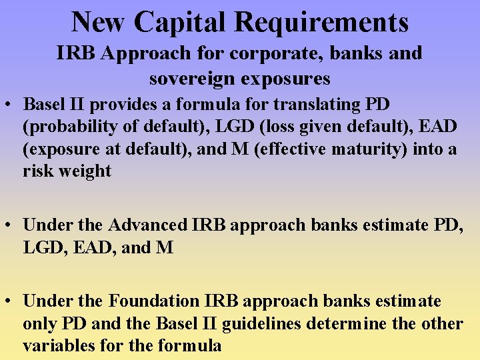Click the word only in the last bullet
[x=39, y=323]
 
